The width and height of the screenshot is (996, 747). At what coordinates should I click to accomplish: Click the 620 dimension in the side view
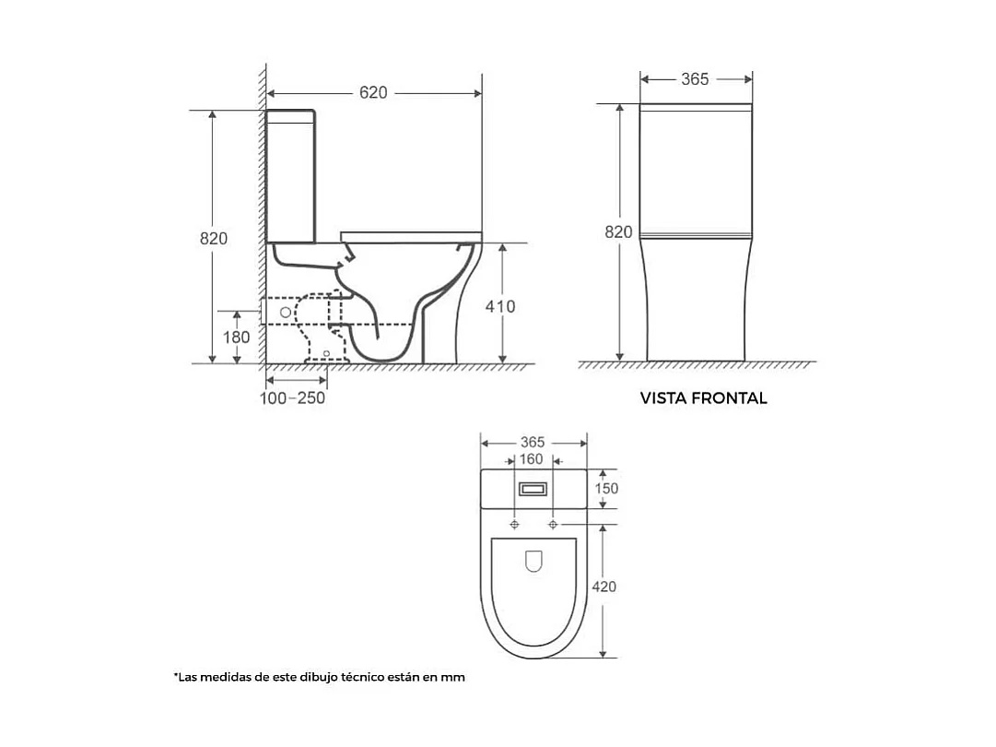[373, 93]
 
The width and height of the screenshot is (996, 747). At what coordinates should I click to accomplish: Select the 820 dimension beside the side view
[214, 239]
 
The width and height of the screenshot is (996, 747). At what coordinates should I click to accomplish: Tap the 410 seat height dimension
[500, 306]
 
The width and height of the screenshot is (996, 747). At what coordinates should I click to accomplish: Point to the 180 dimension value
[236, 337]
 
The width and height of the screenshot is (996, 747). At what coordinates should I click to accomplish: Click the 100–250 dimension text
[292, 398]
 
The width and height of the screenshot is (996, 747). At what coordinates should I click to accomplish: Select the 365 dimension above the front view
[695, 79]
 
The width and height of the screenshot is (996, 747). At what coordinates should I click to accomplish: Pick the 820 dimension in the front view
[618, 232]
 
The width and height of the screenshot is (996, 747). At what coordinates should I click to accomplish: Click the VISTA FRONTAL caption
[703, 398]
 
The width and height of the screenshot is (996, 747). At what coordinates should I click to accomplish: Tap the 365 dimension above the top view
[533, 442]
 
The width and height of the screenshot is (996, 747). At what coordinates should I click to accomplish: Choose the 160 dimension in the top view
[531, 459]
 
